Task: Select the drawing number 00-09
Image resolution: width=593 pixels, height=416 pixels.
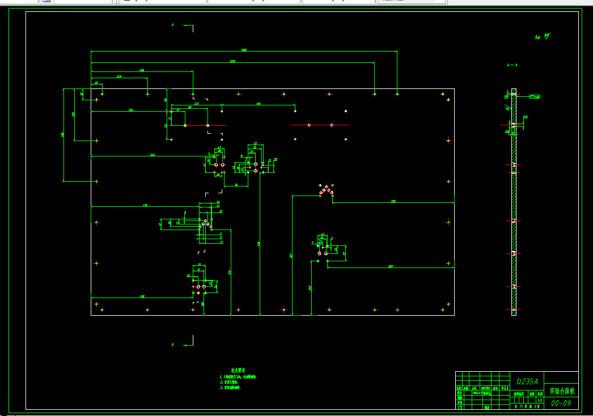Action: (x=561, y=403)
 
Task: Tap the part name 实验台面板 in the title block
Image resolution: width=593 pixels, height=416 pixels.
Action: (x=562, y=391)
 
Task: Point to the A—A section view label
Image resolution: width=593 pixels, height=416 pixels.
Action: (x=512, y=65)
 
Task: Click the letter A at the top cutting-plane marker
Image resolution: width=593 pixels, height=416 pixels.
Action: (x=172, y=25)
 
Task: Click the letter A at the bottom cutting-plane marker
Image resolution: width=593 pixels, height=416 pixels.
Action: (x=172, y=345)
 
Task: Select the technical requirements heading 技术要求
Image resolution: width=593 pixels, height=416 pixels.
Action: (x=234, y=370)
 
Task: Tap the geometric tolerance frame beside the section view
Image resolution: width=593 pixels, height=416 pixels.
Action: (x=535, y=97)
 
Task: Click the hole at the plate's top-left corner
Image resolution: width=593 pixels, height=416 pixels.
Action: (x=97, y=100)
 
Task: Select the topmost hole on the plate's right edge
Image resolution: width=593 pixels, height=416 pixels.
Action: (x=448, y=100)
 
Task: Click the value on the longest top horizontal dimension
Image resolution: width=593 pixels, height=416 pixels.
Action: (x=244, y=50)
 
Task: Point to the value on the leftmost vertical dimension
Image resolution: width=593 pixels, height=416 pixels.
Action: (x=62, y=134)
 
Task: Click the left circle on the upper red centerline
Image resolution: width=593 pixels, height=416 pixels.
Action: (x=309, y=125)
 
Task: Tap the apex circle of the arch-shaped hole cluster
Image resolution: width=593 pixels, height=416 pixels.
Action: (x=327, y=185)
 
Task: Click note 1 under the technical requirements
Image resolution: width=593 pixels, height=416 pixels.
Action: (x=238, y=376)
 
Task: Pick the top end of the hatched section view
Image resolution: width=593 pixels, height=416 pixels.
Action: (x=514, y=90)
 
